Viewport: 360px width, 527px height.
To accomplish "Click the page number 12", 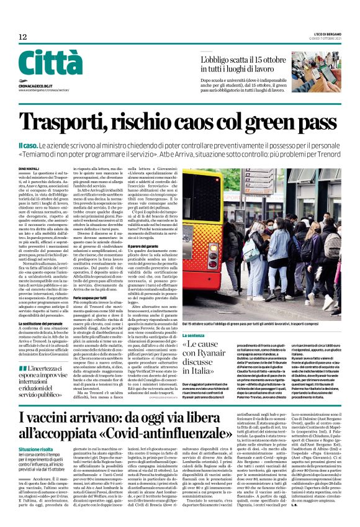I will pos(22,38).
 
